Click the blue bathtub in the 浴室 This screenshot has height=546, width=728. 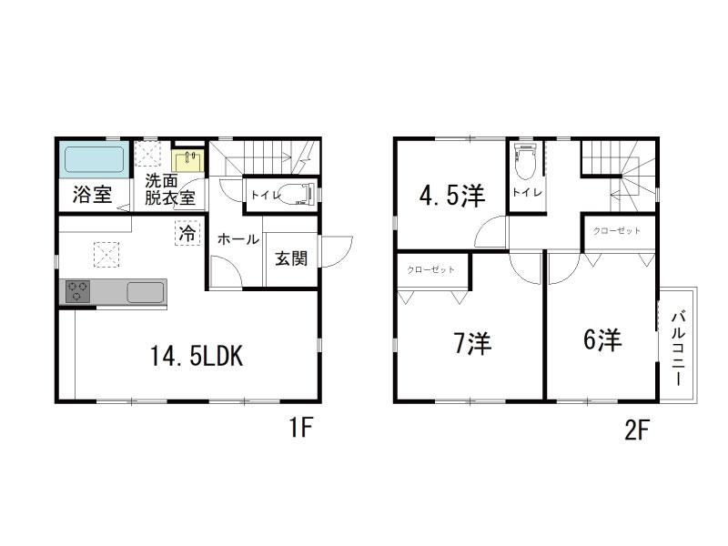pos(95,160)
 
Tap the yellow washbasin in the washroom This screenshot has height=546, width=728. pos(187,160)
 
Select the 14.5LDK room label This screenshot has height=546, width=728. pos(196,357)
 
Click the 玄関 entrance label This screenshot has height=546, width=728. pos(291,258)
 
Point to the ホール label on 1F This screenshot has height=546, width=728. pos(238,239)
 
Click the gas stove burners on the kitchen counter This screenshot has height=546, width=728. pos(77,291)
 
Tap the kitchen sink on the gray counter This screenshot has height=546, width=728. pos(146,292)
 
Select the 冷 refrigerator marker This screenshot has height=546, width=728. pos(187,234)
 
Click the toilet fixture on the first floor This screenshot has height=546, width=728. pos(298,194)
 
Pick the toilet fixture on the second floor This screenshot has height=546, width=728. pos(526,160)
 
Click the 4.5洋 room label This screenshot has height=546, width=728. pos(452,196)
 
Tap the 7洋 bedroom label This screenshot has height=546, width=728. pos(472,344)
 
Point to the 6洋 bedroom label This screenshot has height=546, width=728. pos(602,339)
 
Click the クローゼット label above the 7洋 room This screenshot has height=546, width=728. pos(430,269)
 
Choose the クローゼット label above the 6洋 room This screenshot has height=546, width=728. pos(617,231)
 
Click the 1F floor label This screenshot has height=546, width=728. pos(300,427)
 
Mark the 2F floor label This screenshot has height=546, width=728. pos(636,430)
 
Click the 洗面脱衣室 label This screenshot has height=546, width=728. pos(169,189)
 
